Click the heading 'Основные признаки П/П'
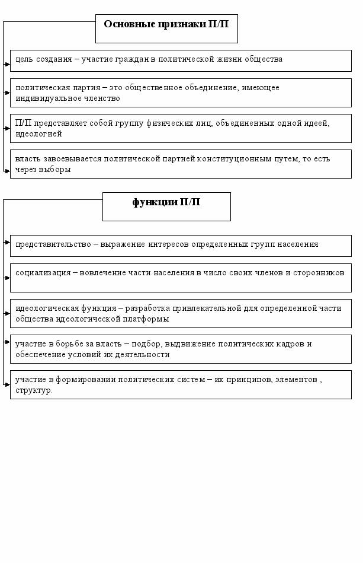coord(166,24)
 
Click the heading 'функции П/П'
coord(166,202)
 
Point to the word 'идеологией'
coord(35,134)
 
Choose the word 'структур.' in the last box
coord(34,390)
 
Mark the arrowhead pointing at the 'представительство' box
coord(7,242)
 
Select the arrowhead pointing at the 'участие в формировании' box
coord(7,384)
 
